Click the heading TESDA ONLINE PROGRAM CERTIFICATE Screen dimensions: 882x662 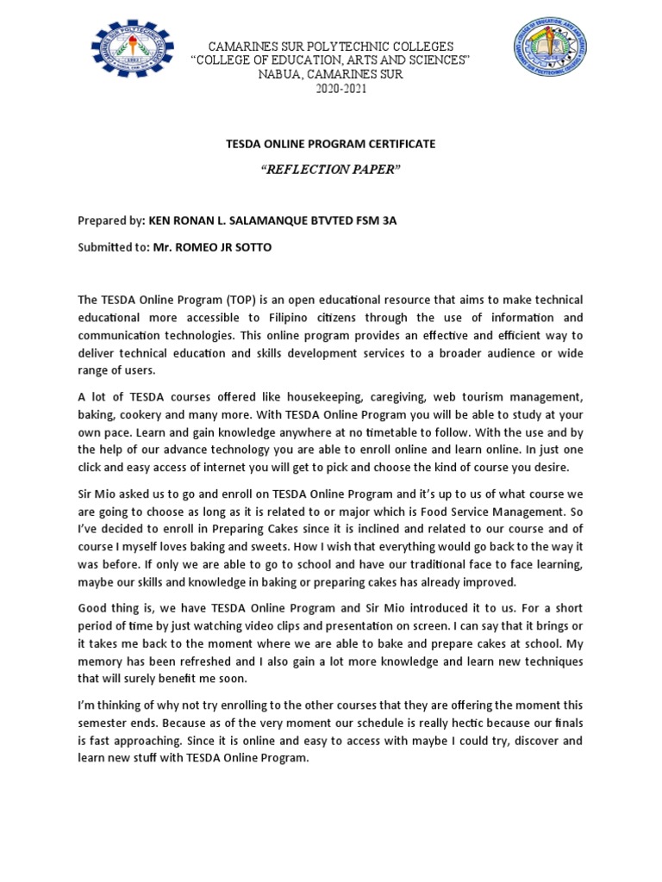click(331, 144)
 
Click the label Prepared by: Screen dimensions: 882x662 click(111, 220)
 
